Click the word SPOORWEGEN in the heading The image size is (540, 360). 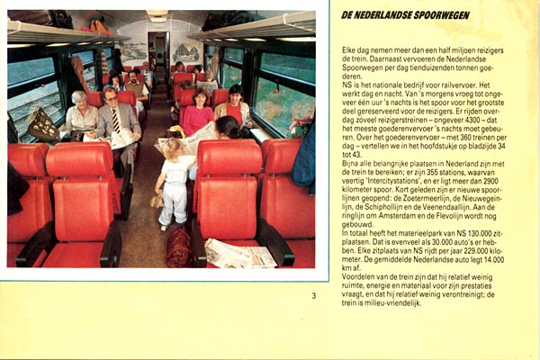tap(433, 15)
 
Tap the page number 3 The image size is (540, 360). tap(313, 295)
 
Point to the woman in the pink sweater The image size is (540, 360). tap(197, 112)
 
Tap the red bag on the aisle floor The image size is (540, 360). tap(179, 247)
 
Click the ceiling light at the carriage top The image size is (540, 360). tap(158, 16)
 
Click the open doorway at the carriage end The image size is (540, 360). tap(159, 58)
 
